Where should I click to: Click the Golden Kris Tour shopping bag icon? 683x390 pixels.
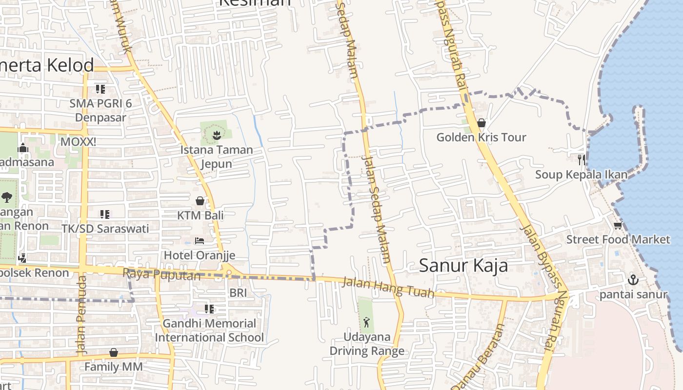[482, 123]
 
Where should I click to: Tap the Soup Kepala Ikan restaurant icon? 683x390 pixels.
[581, 159]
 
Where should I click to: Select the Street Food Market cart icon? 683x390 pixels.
[618, 225]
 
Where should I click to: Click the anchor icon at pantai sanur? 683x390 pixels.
[633, 280]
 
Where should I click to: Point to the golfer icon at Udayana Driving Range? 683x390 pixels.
[366, 322]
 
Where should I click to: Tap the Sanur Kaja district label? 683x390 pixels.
[463, 266]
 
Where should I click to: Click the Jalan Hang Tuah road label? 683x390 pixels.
[388, 287]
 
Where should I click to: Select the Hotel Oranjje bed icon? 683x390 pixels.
[200, 240]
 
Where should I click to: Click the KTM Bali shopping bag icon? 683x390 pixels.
[200, 200]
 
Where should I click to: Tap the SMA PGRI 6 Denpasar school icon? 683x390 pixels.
[100, 89]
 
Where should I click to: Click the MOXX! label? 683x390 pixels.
[78, 142]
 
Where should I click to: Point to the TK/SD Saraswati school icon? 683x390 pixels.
[105, 214]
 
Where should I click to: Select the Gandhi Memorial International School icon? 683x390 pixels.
[209, 309]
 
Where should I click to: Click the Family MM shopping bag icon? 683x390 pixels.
[114, 352]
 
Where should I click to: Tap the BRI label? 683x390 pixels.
[238, 292]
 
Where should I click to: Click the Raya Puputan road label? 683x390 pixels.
[161, 274]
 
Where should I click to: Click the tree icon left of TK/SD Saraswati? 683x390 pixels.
[7, 197]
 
